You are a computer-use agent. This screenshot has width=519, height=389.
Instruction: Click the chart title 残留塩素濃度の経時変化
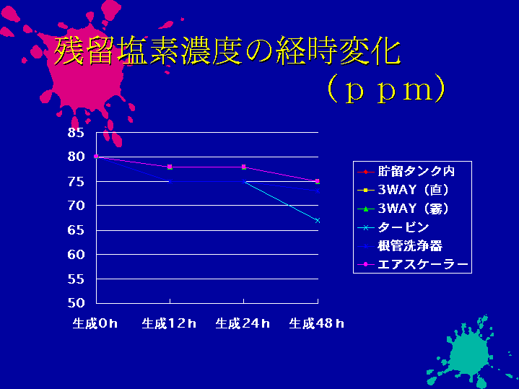(x=227, y=51)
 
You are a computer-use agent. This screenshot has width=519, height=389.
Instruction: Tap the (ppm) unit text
(x=386, y=89)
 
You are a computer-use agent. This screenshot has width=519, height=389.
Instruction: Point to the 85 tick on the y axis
(x=76, y=132)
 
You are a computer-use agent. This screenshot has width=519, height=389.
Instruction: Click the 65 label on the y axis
(x=76, y=230)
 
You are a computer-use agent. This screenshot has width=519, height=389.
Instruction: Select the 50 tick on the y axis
(x=76, y=302)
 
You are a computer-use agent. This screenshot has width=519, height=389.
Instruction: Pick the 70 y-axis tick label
(x=76, y=206)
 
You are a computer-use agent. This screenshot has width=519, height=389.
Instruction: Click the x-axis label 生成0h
(x=95, y=323)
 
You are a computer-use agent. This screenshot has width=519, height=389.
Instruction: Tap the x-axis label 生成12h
(x=169, y=323)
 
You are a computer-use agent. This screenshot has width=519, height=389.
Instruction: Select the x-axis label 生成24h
(x=243, y=323)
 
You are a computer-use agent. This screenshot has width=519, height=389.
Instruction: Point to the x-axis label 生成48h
(x=316, y=323)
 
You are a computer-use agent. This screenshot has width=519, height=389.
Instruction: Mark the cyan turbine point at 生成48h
(x=318, y=221)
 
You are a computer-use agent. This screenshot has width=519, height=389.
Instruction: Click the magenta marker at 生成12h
(x=170, y=167)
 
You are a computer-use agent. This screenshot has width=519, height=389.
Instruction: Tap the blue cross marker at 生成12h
(x=170, y=181)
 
